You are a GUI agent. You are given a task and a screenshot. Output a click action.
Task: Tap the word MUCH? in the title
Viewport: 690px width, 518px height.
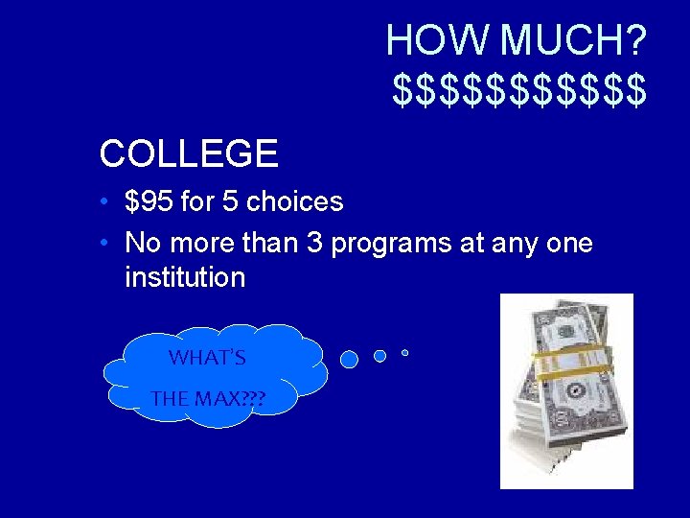(x=573, y=41)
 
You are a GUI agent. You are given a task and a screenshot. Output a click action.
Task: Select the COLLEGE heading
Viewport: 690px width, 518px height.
(x=189, y=153)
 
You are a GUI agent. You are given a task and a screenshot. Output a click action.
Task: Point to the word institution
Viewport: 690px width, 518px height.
(x=185, y=278)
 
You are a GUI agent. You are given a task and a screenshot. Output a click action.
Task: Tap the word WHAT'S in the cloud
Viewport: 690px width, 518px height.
(x=207, y=359)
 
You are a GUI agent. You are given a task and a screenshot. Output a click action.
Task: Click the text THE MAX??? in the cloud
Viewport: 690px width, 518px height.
(x=207, y=397)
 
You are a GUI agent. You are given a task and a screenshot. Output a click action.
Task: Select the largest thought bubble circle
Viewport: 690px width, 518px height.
(x=350, y=359)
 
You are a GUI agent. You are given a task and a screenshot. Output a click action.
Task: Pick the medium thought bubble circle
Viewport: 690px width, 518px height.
(x=379, y=356)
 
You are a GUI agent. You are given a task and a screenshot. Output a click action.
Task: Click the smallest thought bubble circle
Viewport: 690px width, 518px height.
(x=404, y=353)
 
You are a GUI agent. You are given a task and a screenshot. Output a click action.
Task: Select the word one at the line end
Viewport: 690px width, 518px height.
(x=569, y=244)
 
